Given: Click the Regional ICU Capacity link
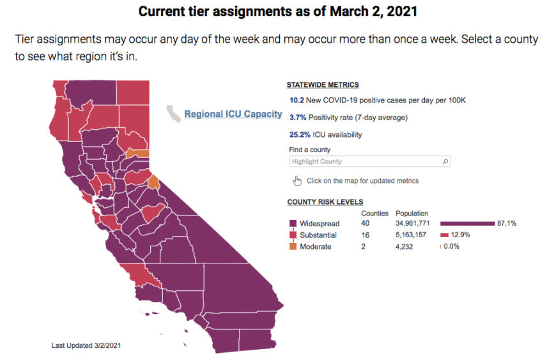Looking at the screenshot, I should click(x=233, y=114).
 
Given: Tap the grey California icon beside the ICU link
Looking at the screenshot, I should click(x=173, y=114).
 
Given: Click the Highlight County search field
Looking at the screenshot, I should click(x=364, y=162).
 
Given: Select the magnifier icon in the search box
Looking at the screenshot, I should click(x=445, y=162).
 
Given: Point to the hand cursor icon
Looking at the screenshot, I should click(x=296, y=181).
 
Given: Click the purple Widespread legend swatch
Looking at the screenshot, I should click(x=293, y=224).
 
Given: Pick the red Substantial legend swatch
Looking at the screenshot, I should click(x=293, y=235).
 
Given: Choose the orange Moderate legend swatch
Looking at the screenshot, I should click(x=293, y=247).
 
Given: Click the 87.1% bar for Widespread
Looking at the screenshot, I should click(x=467, y=224).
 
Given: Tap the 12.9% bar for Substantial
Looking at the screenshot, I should click(x=444, y=235).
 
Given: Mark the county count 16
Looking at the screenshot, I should click(x=366, y=235).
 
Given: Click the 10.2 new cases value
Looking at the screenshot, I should click(x=296, y=100).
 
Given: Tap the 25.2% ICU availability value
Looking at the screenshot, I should click(x=300, y=135).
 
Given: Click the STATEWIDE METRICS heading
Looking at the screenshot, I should click(x=323, y=84).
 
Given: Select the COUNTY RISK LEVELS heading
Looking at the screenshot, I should click(x=325, y=202).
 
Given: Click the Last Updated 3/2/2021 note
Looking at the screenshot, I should click(x=86, y=345).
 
